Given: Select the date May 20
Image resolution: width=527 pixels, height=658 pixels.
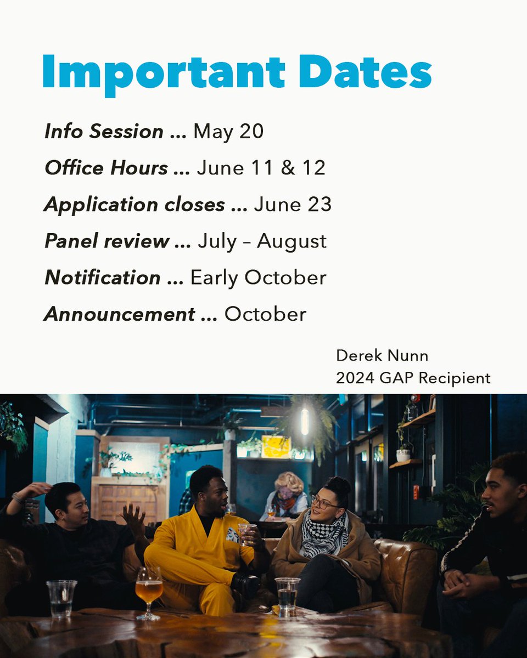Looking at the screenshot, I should coord(228,132).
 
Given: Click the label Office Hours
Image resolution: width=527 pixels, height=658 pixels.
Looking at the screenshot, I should coord(106,168).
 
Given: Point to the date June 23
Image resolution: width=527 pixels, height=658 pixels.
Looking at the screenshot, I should coord(293,205).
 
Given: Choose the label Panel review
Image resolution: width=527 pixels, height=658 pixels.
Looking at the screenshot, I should coord(107,241).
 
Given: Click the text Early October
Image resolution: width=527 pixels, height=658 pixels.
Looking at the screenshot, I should coord(258,277).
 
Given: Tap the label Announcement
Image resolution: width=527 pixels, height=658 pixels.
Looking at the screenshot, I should coord(120,314).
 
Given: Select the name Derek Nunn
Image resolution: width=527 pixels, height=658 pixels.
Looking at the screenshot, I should coord(382,356).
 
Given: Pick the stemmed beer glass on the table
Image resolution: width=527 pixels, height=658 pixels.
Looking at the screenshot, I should coord(149,592).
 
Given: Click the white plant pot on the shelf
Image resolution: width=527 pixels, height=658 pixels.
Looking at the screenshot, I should coord(403,455).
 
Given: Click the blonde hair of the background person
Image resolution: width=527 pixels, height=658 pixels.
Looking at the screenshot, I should coord(289,482).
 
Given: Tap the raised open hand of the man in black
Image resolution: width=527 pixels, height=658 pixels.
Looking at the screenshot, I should coord(133,518).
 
